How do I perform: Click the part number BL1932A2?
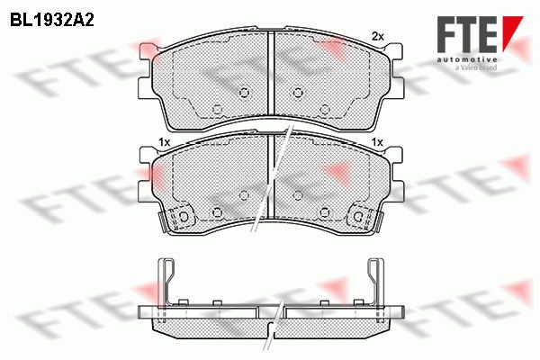point(52,20)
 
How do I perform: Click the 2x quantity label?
point(377,36)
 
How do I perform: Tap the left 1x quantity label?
point(165,142)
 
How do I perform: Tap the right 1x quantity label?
point(378,142)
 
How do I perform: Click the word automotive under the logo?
point(467,59)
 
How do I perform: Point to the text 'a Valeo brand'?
point(476,67)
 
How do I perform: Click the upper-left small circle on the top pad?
point(244,93)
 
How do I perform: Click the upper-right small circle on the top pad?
point(298,93)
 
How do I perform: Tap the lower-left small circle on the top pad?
point(217,110)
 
